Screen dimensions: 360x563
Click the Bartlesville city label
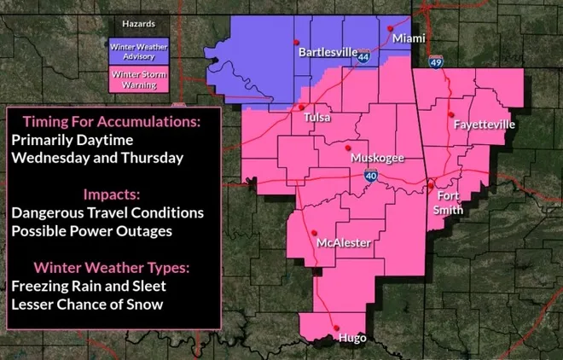327,52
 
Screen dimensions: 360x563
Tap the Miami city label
410,38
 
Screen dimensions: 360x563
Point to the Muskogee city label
377,159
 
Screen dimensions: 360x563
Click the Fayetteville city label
485,125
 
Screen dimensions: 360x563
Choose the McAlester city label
343,243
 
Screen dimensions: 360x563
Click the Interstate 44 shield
364,61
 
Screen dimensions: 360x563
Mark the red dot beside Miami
391,28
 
